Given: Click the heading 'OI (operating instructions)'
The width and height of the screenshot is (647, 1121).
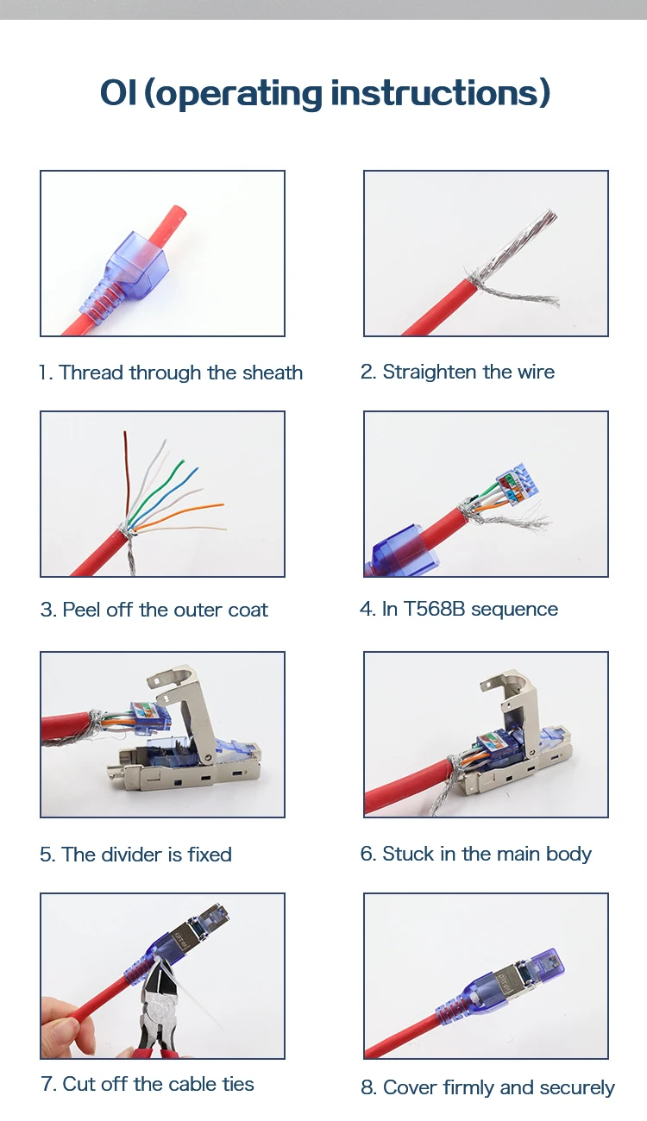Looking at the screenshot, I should (x=324, y=93).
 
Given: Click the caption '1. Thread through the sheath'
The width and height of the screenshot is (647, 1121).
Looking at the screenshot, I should (x=171, y=373).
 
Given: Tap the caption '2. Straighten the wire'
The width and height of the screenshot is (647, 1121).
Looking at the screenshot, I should (x=457, y=372).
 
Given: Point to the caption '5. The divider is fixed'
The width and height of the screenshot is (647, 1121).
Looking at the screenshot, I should (x=135, y=855).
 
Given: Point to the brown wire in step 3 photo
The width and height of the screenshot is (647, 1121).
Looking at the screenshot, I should (x=126, y=474).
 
